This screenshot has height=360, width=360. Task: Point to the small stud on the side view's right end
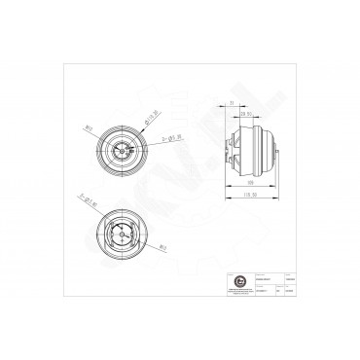coord(283,148)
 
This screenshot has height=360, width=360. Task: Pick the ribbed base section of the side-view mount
coord(234,148)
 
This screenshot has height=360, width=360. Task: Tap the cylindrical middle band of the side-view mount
coord(251,148)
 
